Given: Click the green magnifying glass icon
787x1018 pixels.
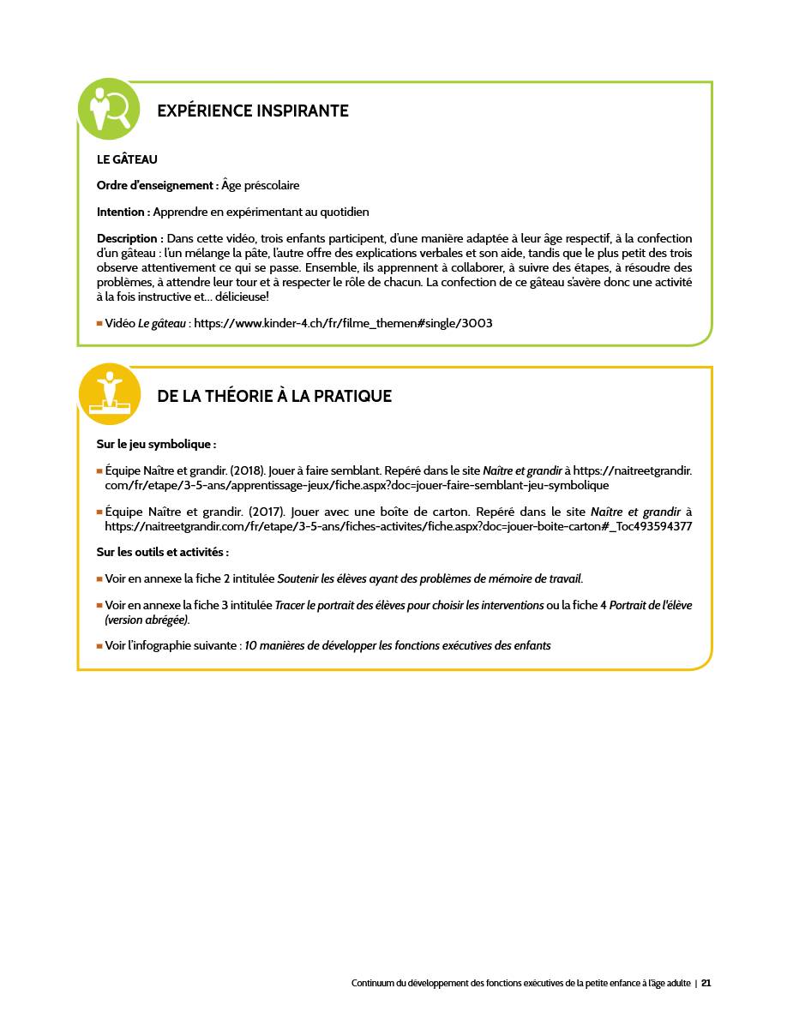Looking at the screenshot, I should (108, 109).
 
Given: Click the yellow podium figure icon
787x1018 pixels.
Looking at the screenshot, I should (108, 394).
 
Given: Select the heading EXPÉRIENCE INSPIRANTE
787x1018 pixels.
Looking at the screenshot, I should (253, 111).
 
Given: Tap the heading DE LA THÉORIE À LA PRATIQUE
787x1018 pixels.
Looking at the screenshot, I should (274, 397).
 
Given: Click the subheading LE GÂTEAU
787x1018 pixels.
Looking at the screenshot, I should (127, 159).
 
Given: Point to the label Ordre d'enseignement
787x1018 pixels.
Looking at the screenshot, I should (157, 186).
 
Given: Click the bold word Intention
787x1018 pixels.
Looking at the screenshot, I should (123, 213).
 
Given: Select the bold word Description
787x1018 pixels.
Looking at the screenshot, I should (129, 239).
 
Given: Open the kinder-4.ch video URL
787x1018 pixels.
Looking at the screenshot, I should (343, 324).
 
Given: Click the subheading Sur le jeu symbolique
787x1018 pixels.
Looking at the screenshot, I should (156, 445).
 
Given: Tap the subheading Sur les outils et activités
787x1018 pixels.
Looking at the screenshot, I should (162, 553).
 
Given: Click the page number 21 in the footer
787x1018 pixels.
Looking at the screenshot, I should (706, 983).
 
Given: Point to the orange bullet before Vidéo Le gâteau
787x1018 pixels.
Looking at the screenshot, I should (99, 324).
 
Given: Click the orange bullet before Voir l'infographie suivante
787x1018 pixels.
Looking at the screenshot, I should (99, 646).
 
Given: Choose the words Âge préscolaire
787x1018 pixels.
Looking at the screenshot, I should (260, 186).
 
